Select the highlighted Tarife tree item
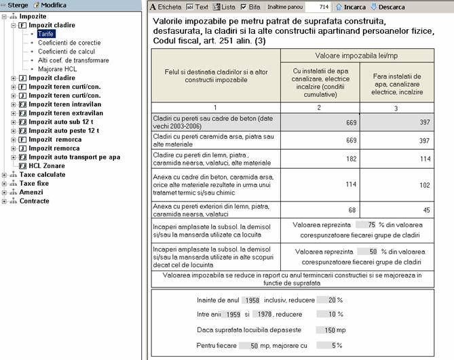click(45, 33)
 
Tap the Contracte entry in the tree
click(34, 201)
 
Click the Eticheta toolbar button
click(166, 7)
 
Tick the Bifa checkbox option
click(245, 7)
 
